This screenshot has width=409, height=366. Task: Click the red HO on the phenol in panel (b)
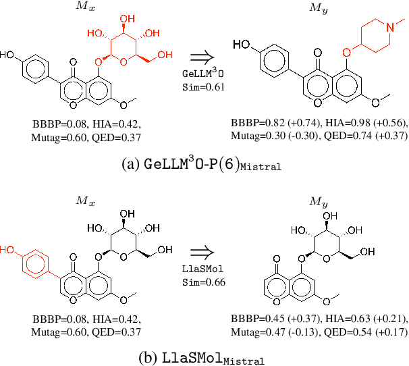pyautogui.click(x=7, y=249)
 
